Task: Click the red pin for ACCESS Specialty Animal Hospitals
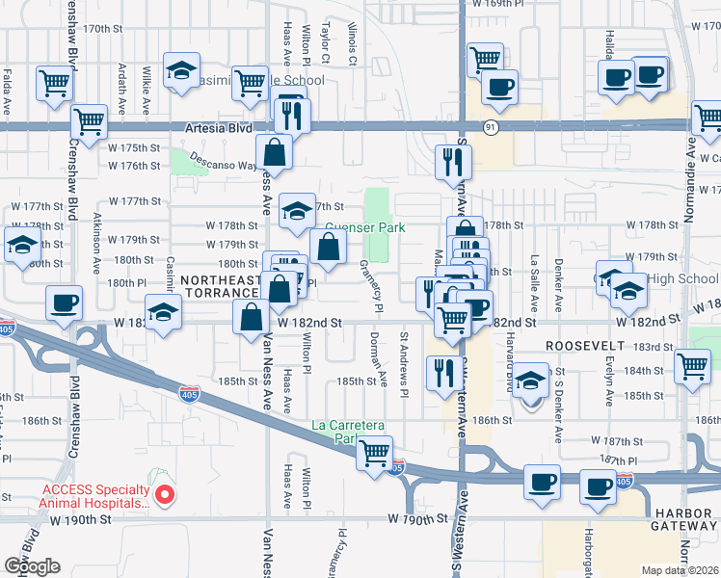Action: coord(165,496)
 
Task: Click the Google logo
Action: coord(32,566)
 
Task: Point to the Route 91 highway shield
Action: coord(491,126)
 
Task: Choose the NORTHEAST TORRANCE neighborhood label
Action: coord(220,285)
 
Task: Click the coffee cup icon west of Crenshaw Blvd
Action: coord(65,302)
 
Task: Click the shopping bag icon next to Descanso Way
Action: coord(275,151)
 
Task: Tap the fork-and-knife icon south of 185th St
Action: coord(443,371)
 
